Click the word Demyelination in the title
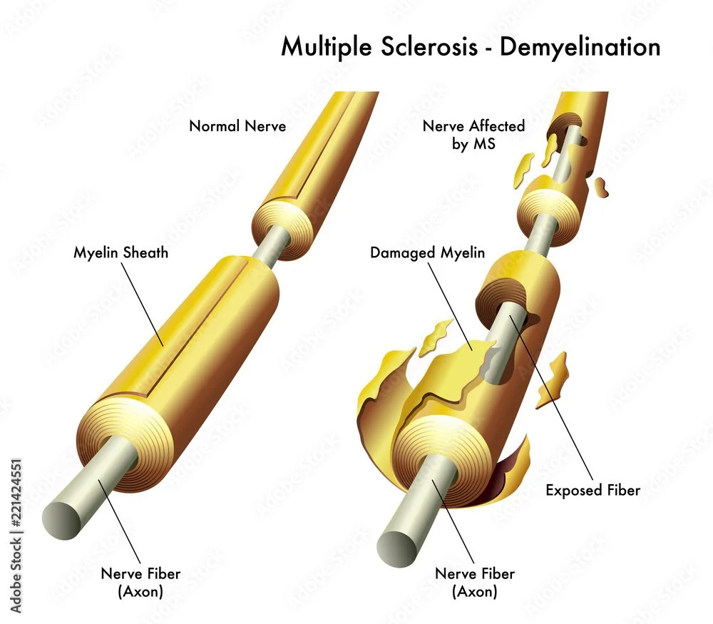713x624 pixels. (580, 47)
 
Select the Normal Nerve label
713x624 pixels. (237, 126)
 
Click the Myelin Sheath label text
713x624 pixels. (121, 252)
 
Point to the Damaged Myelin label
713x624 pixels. (427, 252)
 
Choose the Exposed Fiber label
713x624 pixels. (593, 490)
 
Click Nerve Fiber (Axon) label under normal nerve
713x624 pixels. (140, 582)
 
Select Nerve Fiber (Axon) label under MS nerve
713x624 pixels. (474, 582)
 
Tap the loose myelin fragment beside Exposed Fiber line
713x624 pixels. (554, 378)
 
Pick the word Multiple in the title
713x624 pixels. (324, 47)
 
